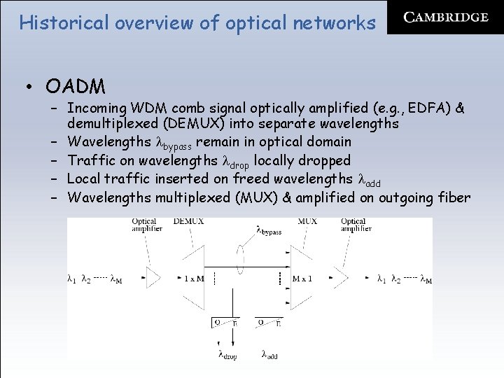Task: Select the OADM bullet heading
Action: (x=76, y=87)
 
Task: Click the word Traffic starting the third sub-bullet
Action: (x=93, y=161)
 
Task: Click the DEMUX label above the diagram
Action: (x=188, y=222)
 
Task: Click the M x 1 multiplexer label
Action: (x=303, y=279)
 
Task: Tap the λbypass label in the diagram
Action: (x=269, y=230)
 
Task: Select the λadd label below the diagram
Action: (x=269, y=355)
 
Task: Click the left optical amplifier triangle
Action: (x=153, y=278)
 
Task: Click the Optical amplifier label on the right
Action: (x=354, y=225)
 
